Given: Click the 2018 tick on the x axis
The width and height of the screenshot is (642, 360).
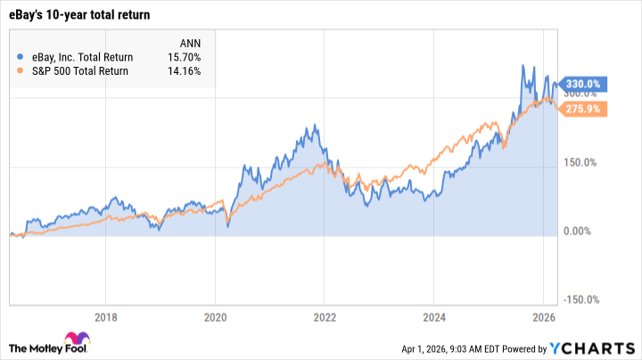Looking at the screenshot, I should pos(105,316).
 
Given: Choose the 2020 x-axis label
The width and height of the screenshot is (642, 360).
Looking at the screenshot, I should pos(215,316).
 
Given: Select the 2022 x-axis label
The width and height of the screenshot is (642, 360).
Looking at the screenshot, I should pos(325,316).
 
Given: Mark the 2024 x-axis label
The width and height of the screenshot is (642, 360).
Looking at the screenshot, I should pos(434,316).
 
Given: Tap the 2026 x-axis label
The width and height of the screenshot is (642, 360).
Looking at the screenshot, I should pos(543,316).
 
